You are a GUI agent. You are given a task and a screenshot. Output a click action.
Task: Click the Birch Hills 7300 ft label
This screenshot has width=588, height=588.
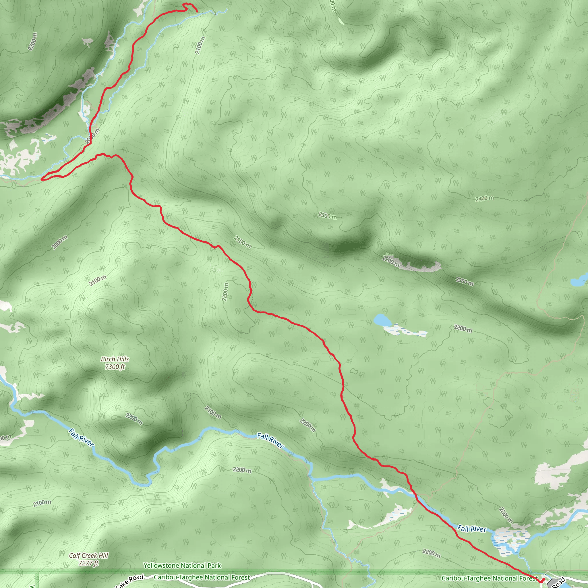[115, 363]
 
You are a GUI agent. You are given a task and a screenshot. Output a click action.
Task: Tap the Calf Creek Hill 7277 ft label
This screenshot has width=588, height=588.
[88, 559]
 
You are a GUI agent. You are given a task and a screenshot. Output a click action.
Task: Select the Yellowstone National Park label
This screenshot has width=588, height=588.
[182, 566]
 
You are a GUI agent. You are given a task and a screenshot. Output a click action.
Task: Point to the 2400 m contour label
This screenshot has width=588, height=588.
[485, 198]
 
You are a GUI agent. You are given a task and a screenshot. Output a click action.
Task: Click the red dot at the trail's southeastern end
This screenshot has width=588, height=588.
[543, 579]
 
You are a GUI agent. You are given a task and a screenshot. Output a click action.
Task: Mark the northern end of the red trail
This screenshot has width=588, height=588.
[197, 11]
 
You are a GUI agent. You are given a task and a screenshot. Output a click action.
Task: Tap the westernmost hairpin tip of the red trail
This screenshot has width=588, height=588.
[42, 179]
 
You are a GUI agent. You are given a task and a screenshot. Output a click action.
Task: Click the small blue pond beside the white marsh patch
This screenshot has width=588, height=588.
[382, 320]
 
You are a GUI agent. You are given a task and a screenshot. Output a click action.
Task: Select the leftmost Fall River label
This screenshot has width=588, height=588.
[81, 438]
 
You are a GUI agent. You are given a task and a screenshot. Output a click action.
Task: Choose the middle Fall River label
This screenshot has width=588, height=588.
[270, 441]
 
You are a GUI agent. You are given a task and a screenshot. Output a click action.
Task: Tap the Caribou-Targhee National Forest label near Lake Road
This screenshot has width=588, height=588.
[202, 577]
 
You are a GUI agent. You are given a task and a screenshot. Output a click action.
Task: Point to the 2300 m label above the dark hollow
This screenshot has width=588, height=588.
[328, 216]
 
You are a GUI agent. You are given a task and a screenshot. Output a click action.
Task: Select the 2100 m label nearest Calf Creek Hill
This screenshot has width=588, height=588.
[42, 503]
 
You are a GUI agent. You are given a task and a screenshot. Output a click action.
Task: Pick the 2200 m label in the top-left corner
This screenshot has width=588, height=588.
[32, 42]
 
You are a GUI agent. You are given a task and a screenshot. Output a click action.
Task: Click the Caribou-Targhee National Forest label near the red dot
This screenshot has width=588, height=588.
[489, 578]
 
